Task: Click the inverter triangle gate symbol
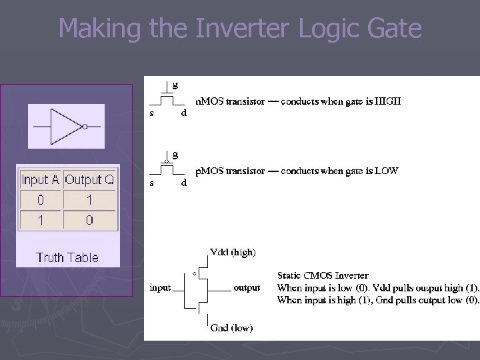[x=67, y=126]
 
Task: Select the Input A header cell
[x=40, y=180]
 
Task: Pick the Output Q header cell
[x=89, y=180]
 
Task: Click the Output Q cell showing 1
[x=89, y=200]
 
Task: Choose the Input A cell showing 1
[x=41, y=220]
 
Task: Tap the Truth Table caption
[x=67, y=257]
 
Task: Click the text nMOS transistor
[x=227, y=102]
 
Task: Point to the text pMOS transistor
[x=227, y=171]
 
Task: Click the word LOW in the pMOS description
[x=386, y=171]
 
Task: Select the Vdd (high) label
[x=233, y=252]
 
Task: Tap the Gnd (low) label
[x=231, y=328]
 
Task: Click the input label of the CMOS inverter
[x=160, y=288]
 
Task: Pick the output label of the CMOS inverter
[x=247, y=288]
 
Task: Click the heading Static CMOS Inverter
[x=323, y=275]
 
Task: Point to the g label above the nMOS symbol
[x=175, y=85]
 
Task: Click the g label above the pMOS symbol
[x=175, y=154]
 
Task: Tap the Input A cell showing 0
[x=41, y=200]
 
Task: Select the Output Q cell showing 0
[x=89, y=220]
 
